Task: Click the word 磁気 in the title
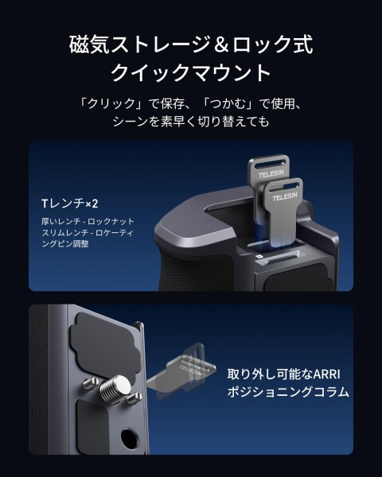pos(89,45)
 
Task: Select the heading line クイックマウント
pos(191,72)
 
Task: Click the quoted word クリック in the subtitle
pos(111,103)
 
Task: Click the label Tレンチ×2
pos(70,204)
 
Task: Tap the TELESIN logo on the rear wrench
pos(271,174)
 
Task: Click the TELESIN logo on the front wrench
pos(285,196)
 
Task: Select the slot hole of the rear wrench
pos(267,165)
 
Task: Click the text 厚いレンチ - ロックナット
pos(88,221)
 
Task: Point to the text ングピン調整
pos(65,244)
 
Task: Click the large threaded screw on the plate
pos(115,390)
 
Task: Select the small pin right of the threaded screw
pos(134,397)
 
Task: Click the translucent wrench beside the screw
pos(181,370)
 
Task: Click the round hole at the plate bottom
pos(129,438)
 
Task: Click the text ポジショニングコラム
pos(288,391)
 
